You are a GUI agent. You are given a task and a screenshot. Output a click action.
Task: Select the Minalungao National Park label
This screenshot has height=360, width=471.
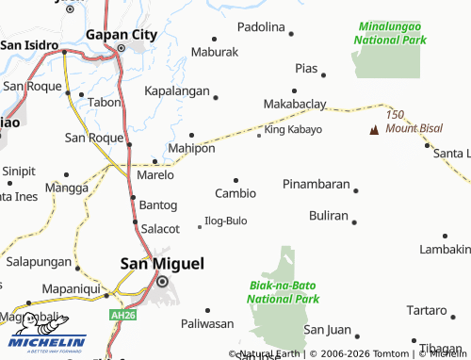[390, 34]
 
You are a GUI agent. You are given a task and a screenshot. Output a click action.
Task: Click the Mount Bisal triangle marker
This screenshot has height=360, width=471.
[375, 127]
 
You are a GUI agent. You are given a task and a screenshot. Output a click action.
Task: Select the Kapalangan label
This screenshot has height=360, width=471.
[176, 92]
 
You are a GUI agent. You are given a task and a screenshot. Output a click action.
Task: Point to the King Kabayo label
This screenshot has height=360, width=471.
[293, 129]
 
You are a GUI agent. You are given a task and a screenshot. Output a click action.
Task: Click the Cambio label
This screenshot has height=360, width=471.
[235, 193]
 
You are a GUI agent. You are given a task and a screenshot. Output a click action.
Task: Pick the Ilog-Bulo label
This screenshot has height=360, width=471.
[225, 221]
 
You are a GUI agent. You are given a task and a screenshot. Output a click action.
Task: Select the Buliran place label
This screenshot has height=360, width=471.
[329, 215]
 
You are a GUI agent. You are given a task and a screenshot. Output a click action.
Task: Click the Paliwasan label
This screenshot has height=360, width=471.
[206, 323]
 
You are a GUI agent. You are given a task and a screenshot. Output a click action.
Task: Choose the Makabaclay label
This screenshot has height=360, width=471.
[295, 103]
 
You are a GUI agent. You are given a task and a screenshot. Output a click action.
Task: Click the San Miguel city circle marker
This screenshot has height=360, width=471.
[162, 282]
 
